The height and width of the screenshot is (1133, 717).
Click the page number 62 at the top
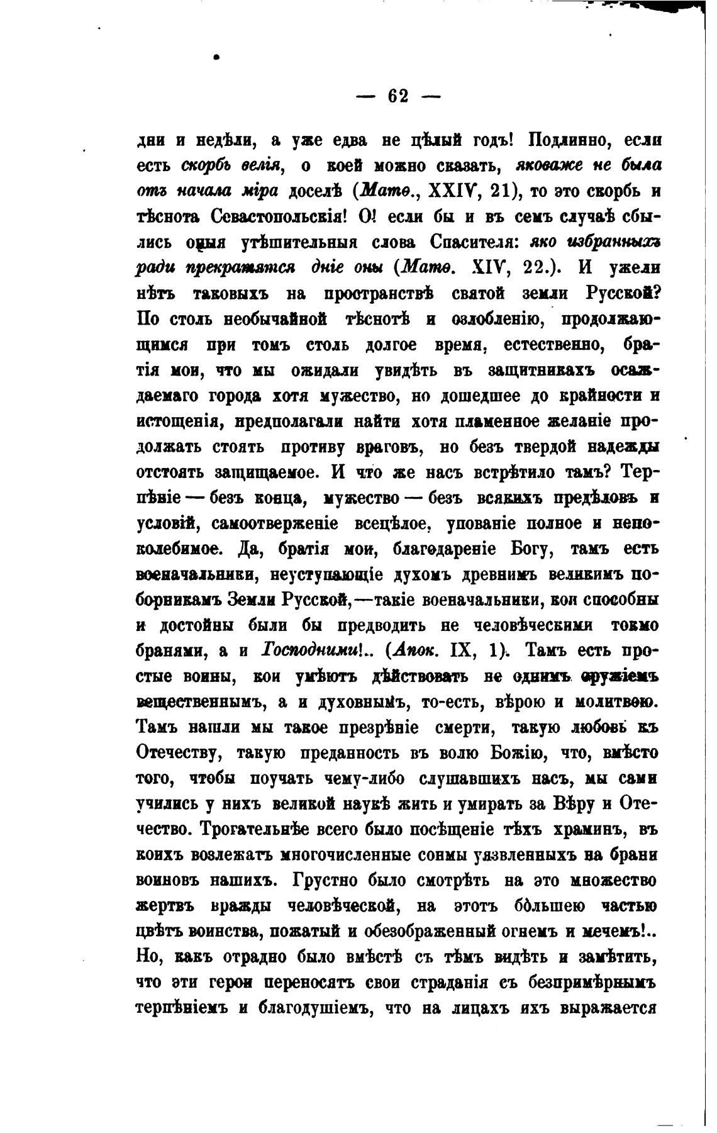coord(399,96)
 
